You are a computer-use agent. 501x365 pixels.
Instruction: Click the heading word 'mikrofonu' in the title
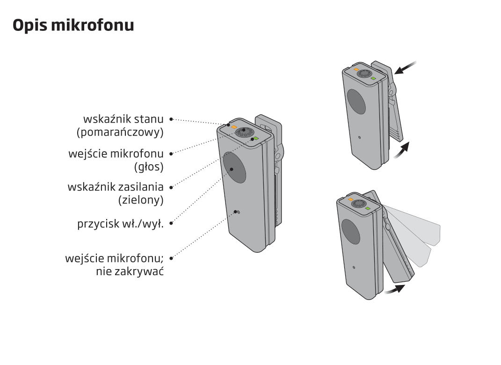coord(92,25)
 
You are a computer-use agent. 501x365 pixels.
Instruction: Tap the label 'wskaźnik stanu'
coord(123,119)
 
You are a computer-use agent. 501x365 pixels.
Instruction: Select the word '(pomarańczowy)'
coord(120,132)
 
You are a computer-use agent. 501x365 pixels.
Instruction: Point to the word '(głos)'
coord(149,167)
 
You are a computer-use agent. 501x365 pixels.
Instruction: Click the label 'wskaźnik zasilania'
coord(116,187)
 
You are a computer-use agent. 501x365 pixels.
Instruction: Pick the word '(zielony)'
coord(141,200)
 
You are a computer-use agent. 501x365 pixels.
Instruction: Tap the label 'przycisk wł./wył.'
coord(121,223)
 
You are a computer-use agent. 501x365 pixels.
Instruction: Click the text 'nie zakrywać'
coord(130,271)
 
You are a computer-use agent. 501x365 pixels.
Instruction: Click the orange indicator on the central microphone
coord(234,127)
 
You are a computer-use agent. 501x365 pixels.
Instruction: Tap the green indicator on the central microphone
coord(256,139)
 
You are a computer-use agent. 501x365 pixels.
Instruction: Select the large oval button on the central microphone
coord(234,167)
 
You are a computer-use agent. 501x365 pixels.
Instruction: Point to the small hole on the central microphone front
coord(239,212)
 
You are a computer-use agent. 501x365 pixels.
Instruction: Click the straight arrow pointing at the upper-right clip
coord(406,67)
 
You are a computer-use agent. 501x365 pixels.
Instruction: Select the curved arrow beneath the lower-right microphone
coord(395,289)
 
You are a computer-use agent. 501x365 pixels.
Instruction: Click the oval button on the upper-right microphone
coord(356,102)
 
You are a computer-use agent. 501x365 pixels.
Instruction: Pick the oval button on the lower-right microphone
coord(351,232)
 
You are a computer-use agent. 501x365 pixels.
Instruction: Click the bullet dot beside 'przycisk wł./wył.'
coord(171,223)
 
